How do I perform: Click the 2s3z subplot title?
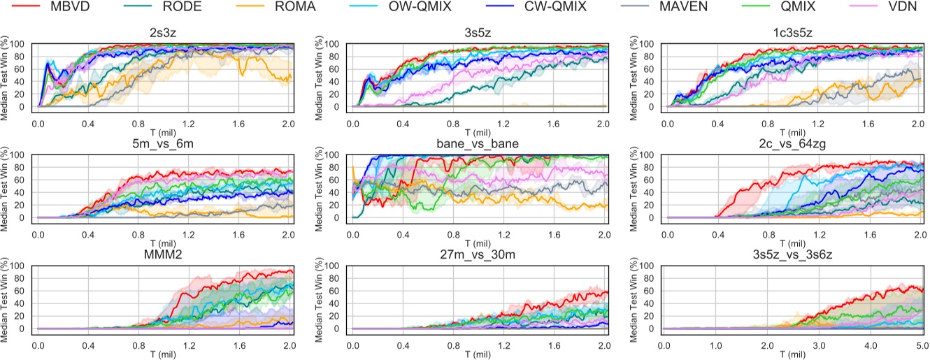pyautogui.click(x=164, y=32)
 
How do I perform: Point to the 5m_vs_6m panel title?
pyautogui.click(x=164, y=144)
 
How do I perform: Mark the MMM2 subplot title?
pyautogui.click(x=164, y=255)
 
